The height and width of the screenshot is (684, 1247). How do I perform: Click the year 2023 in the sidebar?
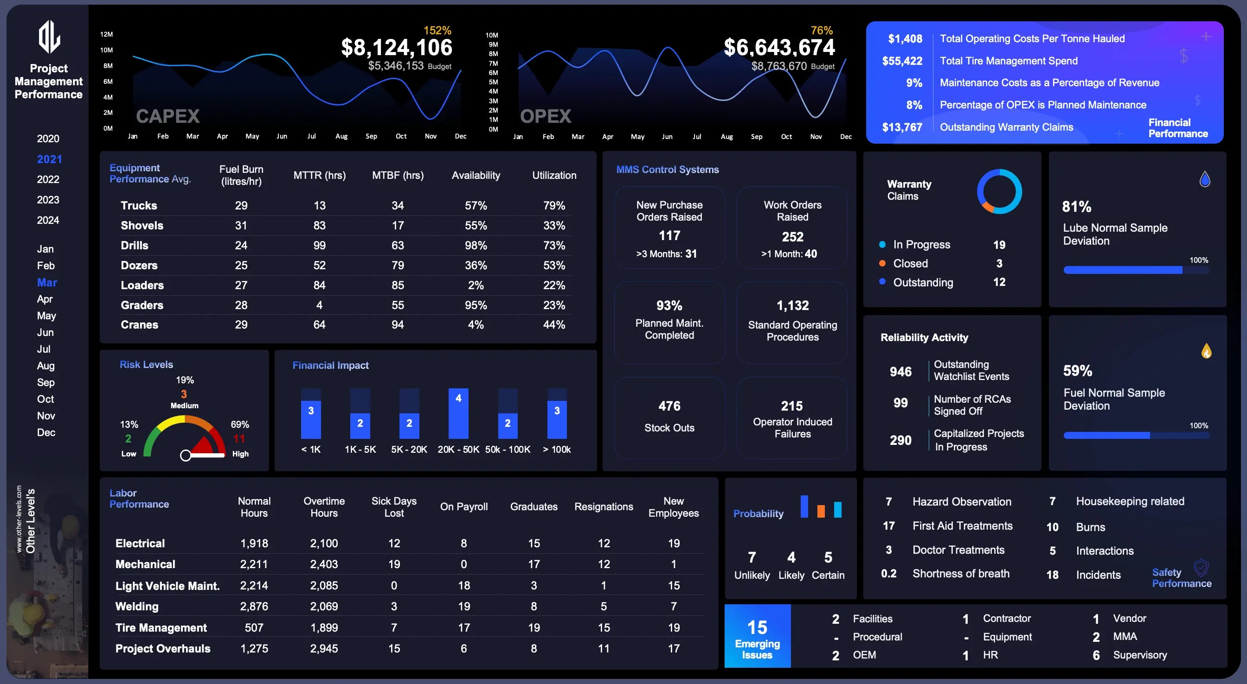[x=48, y=200]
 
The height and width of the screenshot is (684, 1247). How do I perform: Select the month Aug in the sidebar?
[x=45, y=366]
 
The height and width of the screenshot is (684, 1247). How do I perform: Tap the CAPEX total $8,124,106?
[x=397, y=47]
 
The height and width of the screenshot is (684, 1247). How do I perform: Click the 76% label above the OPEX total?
[x=822, y=31]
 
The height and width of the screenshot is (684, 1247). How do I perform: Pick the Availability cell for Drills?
[x=476, y=245]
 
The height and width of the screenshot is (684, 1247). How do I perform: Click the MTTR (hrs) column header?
[x=320, y=175]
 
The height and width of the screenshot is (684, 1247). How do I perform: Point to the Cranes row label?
[x=140, y=324]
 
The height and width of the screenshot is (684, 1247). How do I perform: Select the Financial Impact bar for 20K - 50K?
[x=458, y=413]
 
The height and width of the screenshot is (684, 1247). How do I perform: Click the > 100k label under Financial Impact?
[x=557, y=450]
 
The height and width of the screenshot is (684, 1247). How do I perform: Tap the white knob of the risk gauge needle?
[x=186, y=455]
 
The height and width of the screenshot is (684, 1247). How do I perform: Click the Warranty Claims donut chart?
[x=999, y=191]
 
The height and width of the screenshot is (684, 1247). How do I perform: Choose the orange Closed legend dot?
[x=882, y=264]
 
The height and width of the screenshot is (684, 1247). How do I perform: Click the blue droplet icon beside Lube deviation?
[x=1205, y=179]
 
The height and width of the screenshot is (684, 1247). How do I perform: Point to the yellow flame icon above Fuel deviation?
[x=1206, y=350]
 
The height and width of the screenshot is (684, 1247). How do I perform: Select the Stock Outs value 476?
[x=669, y=406]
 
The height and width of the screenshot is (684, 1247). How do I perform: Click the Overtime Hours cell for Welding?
[x=324, y=606]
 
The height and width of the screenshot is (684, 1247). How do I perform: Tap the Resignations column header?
[x=603, y=507]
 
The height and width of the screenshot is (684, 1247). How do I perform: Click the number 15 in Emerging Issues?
[x=757, y=627]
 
